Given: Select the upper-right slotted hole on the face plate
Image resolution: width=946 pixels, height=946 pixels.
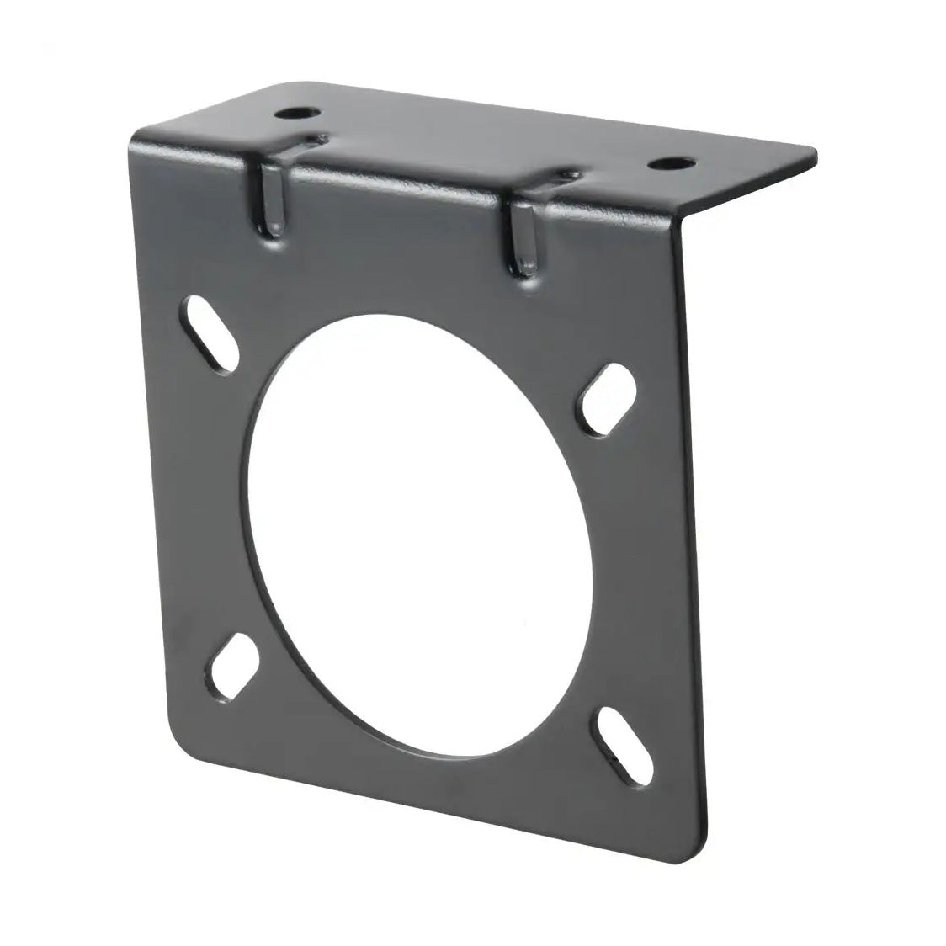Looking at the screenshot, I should pyautogui.click(x=608, y=400).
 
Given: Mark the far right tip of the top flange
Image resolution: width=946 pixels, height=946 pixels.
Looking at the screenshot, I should pyautogui.click(x=815, y=154).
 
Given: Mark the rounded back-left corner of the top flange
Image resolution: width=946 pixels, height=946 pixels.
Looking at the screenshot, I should pyautogui.click(x=282, y=87).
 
